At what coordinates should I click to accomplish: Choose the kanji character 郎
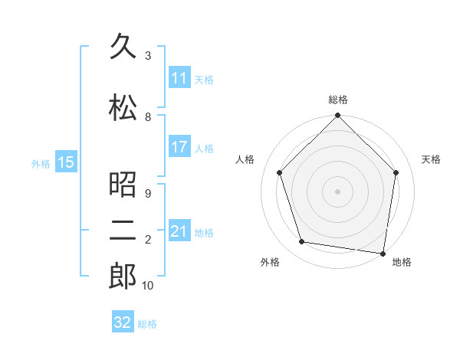(x=123, y=277)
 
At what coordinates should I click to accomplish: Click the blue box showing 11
(x=179, y=78)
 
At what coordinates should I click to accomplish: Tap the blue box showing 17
(x=179, y=147)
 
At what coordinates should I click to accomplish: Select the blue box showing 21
(x=179, y=231)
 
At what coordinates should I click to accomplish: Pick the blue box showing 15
(x=65, y=162)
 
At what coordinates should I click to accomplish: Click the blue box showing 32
(x=123, y=322)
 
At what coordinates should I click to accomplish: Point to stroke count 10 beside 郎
(x=148, y=286)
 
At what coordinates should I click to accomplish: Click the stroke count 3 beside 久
(x=148, y=56)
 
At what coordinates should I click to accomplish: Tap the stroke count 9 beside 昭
(x=148, y=194)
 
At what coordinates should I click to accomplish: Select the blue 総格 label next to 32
(x=147, y=324)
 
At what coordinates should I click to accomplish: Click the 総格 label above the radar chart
(x=337, y=100)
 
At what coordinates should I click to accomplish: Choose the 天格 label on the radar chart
(x=432, y=159)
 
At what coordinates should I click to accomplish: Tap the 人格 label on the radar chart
(x=245, y=159)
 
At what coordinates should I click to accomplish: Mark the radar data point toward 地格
(x=383, y=253)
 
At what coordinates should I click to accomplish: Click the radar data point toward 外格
(x=302, y=242)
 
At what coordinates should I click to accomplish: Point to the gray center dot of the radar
(x=337, y=191)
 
